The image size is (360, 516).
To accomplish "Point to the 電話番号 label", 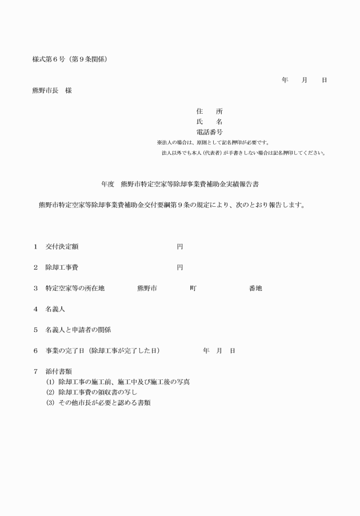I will click(x=209, y=132).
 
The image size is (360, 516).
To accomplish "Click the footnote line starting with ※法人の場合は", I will click(x=213, y=142).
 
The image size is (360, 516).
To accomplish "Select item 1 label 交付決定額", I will click(x=62, y=247).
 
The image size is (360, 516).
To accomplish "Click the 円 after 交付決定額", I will click(x=179, y=247).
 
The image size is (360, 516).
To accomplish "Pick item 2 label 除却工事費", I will click(x=62, y=267).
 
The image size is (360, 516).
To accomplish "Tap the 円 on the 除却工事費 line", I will click(x=179, y=267).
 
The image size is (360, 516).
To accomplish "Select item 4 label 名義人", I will click(x=56, y=309).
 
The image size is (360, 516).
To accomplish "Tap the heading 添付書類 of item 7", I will click(x=59, y=371).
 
